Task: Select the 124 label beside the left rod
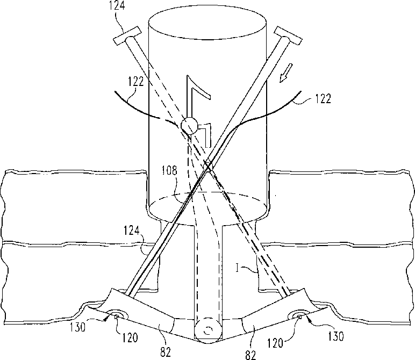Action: [131, 233]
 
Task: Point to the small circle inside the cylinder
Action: [188, 127]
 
